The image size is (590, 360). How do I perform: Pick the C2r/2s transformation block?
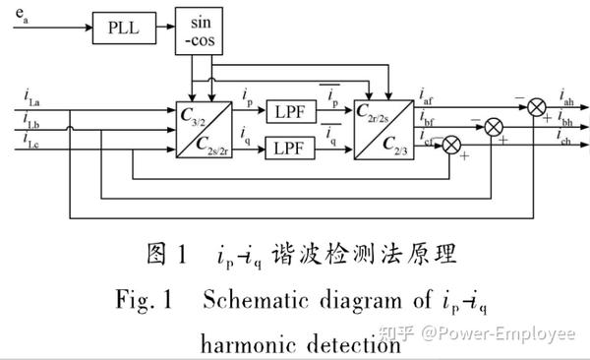384,129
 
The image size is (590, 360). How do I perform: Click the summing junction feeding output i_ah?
537,103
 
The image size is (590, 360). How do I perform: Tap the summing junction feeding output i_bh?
495,125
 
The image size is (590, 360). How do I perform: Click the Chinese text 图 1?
166,256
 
